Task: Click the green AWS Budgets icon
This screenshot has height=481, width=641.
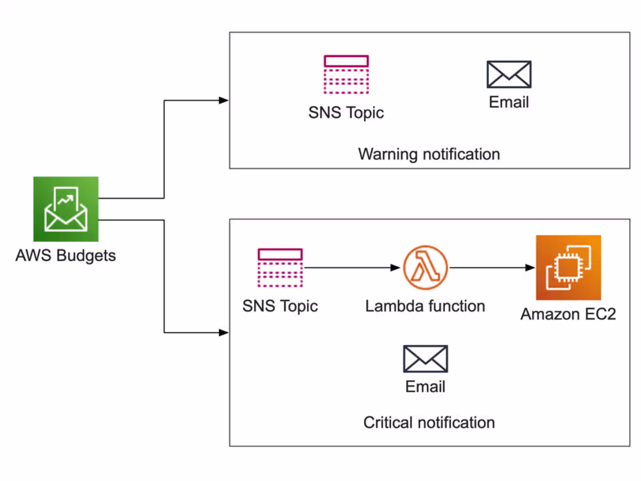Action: [66, 209]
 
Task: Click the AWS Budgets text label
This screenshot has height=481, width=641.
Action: [65, 255]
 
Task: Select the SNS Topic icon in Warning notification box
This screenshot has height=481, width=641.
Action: [346, 74]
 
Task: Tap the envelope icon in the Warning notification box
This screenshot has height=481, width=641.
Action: [509, 75]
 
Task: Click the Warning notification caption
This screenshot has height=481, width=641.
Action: [429, 155]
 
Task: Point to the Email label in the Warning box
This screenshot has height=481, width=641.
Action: [509, 103]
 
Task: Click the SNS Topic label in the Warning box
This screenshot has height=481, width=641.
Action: [346, 112]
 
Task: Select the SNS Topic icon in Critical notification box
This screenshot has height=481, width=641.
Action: [280, 268]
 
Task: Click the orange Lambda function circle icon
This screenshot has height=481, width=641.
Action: [425, 268]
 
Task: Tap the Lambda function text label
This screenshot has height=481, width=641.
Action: [425, 306]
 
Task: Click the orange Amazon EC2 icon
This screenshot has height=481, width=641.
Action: [568, 268]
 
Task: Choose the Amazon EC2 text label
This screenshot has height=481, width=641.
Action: [568, 314]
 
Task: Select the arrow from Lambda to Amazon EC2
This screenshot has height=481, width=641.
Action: [492, 268]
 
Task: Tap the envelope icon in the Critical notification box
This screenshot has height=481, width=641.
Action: [425, 359]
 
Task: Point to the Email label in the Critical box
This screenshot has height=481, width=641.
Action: [425, 387]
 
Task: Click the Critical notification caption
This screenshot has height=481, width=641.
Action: [429, 422]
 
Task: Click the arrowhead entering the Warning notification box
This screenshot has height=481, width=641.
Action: [224, 100]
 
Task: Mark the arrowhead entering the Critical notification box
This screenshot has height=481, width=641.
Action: [224, 333]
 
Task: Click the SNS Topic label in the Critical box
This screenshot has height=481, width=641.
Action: [280, 306]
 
